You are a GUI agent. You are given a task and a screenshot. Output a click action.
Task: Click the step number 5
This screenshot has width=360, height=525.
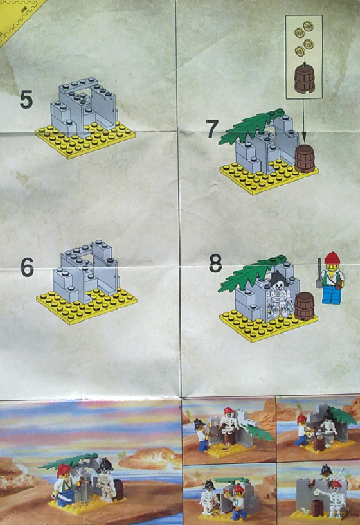click(26, 100)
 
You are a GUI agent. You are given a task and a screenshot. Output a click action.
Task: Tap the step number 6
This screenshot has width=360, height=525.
click(27, 267)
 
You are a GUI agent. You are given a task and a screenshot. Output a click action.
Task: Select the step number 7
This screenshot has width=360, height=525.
click(213, 129)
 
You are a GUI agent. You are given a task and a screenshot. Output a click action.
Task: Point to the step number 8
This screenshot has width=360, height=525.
click(215, 263)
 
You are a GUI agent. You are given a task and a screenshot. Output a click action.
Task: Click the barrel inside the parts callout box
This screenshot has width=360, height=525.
click(305, 79)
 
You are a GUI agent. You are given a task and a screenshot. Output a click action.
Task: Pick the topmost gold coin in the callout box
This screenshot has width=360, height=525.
click(308, 26)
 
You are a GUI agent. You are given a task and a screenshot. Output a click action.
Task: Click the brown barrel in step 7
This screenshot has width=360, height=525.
click(305, 159)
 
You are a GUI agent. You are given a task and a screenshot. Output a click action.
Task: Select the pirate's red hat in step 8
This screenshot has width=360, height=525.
click(332, 258)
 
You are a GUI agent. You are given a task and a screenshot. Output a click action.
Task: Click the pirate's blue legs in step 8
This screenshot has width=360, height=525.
click(331, 295)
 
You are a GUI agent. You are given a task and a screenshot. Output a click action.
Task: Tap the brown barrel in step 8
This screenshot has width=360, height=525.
click(305, 306)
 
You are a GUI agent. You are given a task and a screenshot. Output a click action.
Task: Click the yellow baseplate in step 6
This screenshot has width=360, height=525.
click(86, 305)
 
